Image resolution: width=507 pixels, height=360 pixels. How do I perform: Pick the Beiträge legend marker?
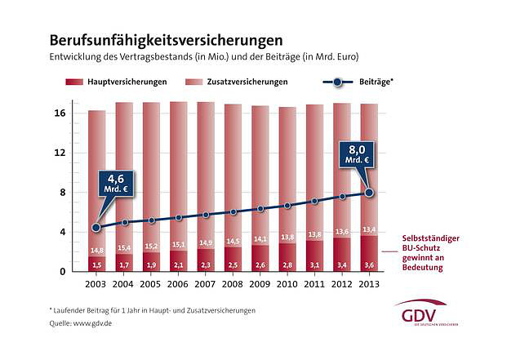click(x=337, y=82)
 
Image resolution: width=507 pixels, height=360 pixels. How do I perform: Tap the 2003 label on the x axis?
click(x=96, y=283)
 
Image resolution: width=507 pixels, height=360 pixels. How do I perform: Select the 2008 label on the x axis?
click(x=232, y=283)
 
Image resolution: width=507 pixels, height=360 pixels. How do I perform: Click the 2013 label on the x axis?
click(x=368, y=283)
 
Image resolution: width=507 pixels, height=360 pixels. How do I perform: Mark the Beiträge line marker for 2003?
click(x=96, y=227)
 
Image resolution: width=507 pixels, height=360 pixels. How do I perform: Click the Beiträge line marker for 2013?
click(x=369, y=193)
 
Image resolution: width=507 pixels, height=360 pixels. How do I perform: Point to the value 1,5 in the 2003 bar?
click(x=96, y=265)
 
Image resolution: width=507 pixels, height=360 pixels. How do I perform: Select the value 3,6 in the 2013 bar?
click(x=369, y=264)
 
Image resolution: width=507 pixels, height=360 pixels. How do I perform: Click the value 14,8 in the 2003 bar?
click(x=96, y=250)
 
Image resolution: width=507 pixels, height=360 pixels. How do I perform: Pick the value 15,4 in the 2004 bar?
click(x=123, y=247)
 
